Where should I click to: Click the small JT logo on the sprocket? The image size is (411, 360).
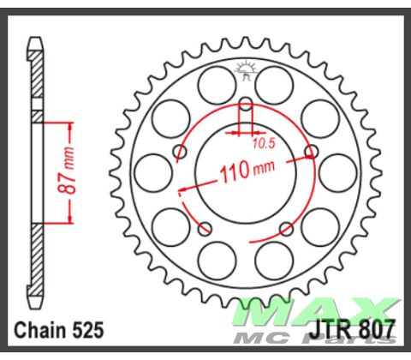[x=246, y=69]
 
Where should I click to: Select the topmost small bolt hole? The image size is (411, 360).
[x=246, y=106]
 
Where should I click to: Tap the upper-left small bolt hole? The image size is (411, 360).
[x=180, y=153]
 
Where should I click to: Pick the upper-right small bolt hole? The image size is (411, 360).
[x=310, y=153]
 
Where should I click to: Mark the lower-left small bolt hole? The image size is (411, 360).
[x=205, y=229]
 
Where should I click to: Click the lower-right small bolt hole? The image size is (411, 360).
[x=286, y=229]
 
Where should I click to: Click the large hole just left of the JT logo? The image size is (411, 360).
[x=211, y=83]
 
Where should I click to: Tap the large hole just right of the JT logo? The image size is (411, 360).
[x=281, y=83]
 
